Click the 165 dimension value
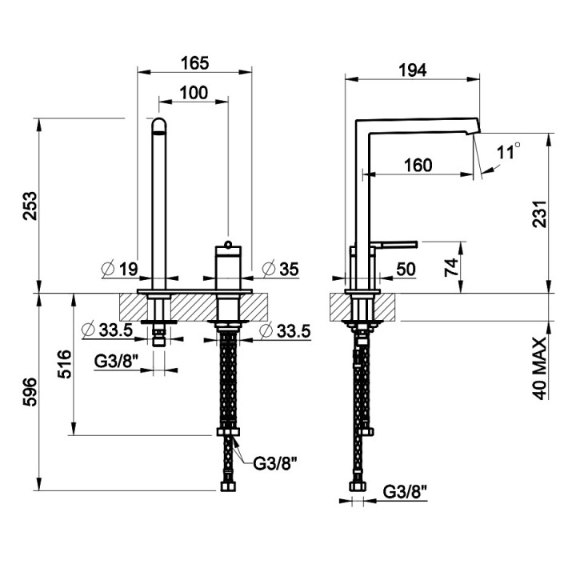point(194,63)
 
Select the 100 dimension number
point(194,93)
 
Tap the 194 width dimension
point(413,70)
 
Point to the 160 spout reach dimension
point(418,166)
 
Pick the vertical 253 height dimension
point(30,206)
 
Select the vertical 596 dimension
point(30,392)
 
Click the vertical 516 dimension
point(65,364)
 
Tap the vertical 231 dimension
point(540,214)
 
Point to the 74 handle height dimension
point(452,267)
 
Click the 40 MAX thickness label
point(540,369)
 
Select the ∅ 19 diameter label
point(120,269)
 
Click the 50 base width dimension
point(406,270)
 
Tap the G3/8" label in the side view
point(405,492)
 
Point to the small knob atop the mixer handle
point(228,243)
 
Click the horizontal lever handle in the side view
point(394,244)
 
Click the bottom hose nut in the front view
point(228,486)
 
